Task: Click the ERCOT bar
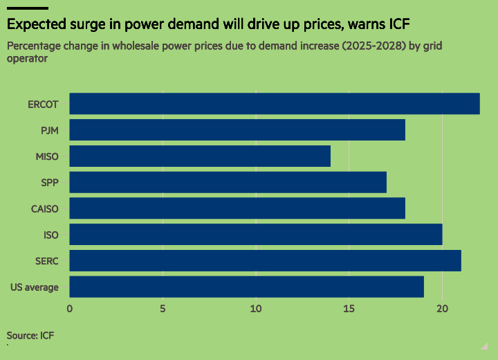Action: pyautogui.click(x=275, y=104)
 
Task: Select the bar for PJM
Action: pyautogui.click(x=237, y=130)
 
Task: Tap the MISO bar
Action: pyautogui.click(x=200, y=156)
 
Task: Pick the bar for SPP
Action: pyautogui.click(x=228, y=182)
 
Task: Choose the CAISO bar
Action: pyautogui.click(x=237, y=208)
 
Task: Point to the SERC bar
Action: pyautogui.click(x=265, y=261)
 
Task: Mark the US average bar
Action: pyautogui.click(x=246, y=287)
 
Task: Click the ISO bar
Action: pyautogui.click(x=256, y=235)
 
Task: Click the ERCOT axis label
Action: pyautogui.click(x=43, y=105)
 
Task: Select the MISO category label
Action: pyautogui.click(x=47, y=156)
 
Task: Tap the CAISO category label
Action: pyautogui.click(x=45, y=209)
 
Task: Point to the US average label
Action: pyautogui.click(x=35, y=287)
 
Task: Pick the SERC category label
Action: pyautogui.click(x=47, y=261)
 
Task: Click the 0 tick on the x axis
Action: pyautogui.click(x=70, y=309)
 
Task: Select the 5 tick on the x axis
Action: pyautogui.click(x=163, y=309)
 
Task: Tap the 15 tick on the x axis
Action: pyautogui.click(x=349, y=309)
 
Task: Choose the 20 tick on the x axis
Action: pyautogui.click(x=443, y=309)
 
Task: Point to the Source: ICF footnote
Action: pyautogui.click(x=30, y=336)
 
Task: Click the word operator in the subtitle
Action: pyautogui.click(x=27, y=59)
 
